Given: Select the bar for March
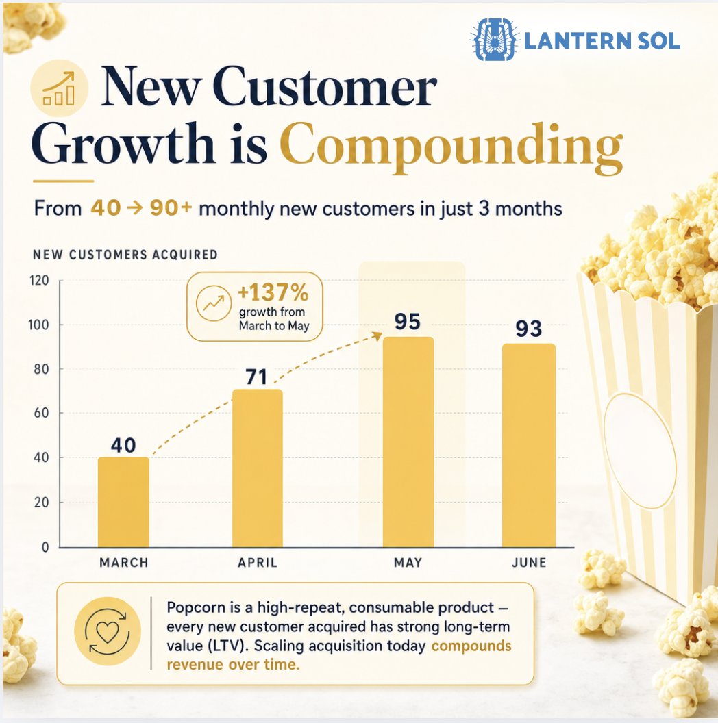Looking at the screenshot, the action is coord(123,502).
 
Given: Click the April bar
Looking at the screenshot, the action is coord(258,468).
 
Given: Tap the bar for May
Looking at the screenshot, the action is coord(408,442).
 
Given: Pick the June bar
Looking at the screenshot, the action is coord(529,446).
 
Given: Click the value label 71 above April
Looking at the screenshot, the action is coord(256,377).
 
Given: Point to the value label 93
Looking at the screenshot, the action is coord(529,329).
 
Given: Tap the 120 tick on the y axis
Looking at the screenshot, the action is coord(39,280).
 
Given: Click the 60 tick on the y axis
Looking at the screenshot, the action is coord(41,413).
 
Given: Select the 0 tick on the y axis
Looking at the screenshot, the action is coord(45,547).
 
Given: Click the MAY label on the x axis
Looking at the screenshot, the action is coord(408,563).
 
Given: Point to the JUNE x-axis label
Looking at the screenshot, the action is coord(529,563).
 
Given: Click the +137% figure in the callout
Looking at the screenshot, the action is coord(273,292).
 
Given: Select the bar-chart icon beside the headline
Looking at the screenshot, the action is coord(59,88).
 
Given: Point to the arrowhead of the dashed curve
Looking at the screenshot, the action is coord(378,336).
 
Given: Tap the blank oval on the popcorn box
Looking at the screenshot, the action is coord(640,451).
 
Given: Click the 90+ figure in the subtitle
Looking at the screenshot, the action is coord(171,208).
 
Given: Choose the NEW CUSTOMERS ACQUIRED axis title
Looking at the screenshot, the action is coord(125,255).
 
